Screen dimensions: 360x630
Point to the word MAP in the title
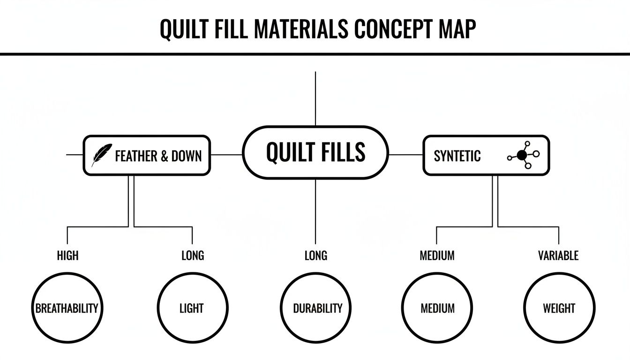click(457, 29)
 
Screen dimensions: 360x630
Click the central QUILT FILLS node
click(315, 152)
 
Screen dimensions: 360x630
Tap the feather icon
click(101, 155)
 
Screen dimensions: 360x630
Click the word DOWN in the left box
click(187, 156)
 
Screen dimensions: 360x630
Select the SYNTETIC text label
click(457, 156)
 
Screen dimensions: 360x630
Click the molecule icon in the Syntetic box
click(523, 155)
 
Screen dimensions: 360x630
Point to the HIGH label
click(67, 255)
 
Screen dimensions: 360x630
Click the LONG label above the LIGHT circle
click(193, 255)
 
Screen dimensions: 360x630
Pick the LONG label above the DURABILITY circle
click(315, 255)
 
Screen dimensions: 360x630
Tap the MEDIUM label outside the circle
click(437, 255)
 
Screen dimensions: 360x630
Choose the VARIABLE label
click(558, 255)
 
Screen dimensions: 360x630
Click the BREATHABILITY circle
click(67, 308)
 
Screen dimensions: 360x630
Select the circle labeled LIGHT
click(192, 308)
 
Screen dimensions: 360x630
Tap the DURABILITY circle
click(317, 308)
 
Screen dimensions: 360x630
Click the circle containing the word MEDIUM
click(437, 308)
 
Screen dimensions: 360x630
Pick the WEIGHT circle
click(559, 308)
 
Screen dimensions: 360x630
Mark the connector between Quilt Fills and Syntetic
click(406, 154)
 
